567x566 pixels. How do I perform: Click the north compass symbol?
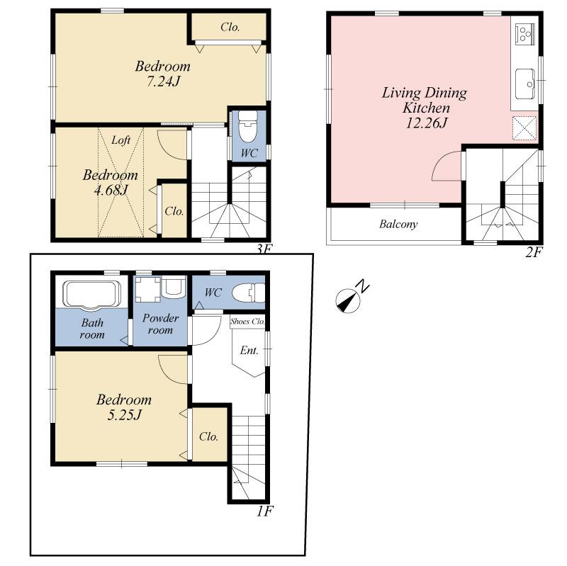coord(347,300)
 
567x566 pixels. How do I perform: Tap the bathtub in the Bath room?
coord(91,294)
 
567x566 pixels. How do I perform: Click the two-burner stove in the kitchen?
coord(525,33)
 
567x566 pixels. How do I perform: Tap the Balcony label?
coord(398,225)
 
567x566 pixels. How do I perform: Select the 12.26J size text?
coord(425,123)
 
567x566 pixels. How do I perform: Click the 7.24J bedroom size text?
coord(163,82)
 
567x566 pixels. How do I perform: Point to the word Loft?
coord(120,140)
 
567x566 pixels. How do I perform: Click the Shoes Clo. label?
coord(247,322)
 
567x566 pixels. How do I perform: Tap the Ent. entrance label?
coord(249,351)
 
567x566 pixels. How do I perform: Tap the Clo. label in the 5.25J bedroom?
coord(208,436)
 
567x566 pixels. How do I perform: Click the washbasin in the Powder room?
coord(173,288)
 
